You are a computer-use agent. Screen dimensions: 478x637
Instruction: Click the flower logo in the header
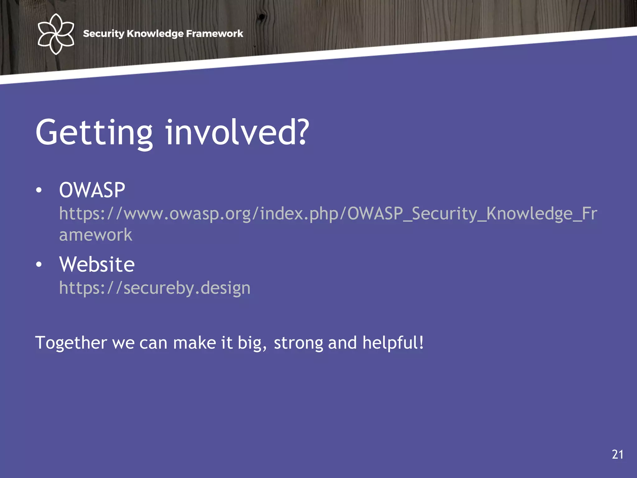(x=56, y=34)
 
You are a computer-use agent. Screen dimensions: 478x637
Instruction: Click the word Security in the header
(x=104, y=34)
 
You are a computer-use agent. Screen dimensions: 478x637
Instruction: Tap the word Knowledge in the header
(x=155, y=34)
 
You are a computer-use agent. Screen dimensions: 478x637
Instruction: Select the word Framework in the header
(x=214, y=34)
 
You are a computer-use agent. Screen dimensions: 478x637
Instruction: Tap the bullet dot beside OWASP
(x=39, y=190)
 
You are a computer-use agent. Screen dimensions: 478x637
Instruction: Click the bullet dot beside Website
(x=39, y=265)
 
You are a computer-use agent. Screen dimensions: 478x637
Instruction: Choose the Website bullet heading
(x=97, y=265)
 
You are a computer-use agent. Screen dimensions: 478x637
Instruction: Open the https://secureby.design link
(x=155, y=288)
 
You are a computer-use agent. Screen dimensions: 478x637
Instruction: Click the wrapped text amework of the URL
(x=95, y=235)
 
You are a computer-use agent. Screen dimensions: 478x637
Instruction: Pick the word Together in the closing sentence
(x=71, y=343)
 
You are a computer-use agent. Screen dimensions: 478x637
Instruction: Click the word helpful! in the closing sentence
(x=393, y=343)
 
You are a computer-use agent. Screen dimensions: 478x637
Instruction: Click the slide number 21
(x=617, y=454)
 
